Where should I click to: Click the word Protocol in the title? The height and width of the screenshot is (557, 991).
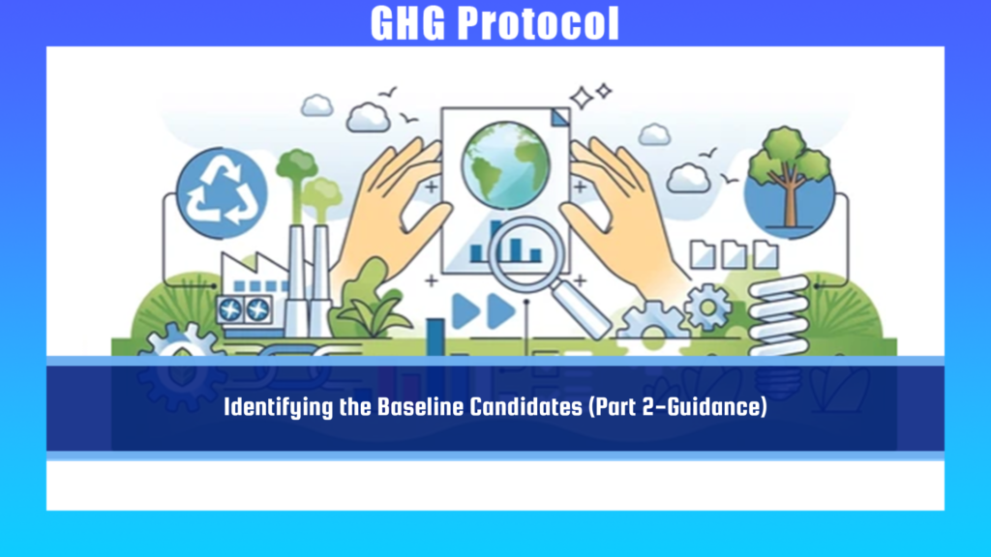(x=538, y=24)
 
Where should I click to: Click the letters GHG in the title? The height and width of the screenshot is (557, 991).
(x=407, y=24)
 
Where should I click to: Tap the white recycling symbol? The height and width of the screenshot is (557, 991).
(x=223, y=191)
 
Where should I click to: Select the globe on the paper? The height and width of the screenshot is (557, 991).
(x=505, y=165)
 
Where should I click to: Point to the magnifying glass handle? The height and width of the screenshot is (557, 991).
(x=581, y=309)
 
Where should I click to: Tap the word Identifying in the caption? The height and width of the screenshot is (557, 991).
(x=279, y=408)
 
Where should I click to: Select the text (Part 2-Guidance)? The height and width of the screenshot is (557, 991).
(x=677, y=407)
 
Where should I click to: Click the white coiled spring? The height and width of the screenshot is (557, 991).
(x=779, y=314)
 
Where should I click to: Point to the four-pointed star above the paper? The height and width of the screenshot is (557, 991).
(x=582, y=98)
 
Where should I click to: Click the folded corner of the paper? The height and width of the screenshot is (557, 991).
(x=560, y=117)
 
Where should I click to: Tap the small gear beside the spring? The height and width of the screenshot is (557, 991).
(x=708, y=307)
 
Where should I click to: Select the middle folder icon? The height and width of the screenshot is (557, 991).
(x=734, y=254)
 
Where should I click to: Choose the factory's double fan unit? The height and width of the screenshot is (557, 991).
(x=244, y=310)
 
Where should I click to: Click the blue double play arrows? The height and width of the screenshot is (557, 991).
(x=484, y=310)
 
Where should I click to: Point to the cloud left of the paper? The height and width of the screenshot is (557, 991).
(x=368, y=117)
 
